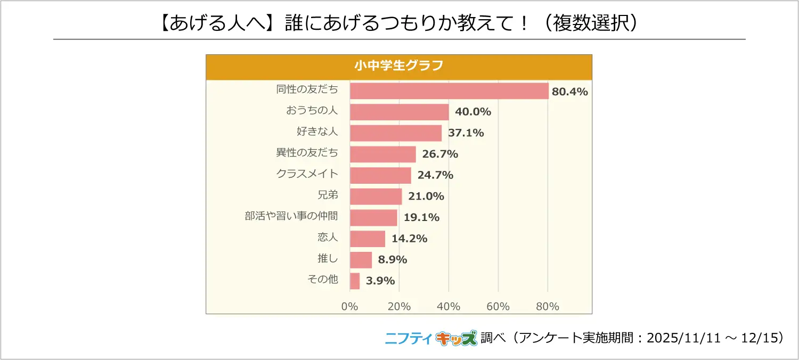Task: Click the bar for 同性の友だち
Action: [449, 91]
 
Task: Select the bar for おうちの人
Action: [399, 112]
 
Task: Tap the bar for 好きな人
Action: [396, 133]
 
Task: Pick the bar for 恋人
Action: [368, 239]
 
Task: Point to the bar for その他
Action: [355, 281]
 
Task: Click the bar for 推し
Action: [361, 260]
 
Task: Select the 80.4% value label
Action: [569, 92]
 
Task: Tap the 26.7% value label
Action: [440, 154]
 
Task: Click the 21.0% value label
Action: [426, 197]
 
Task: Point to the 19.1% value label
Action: [421, 217]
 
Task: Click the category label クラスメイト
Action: [307, 174]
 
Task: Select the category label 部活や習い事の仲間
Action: [291, 216]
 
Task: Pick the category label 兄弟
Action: [328, 195]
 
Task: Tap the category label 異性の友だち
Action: [307, 153]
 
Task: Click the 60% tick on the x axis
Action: [498, 307]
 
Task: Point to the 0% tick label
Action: [350, 307]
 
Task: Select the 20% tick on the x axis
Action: [399, 307]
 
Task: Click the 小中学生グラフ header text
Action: [399, 66]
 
